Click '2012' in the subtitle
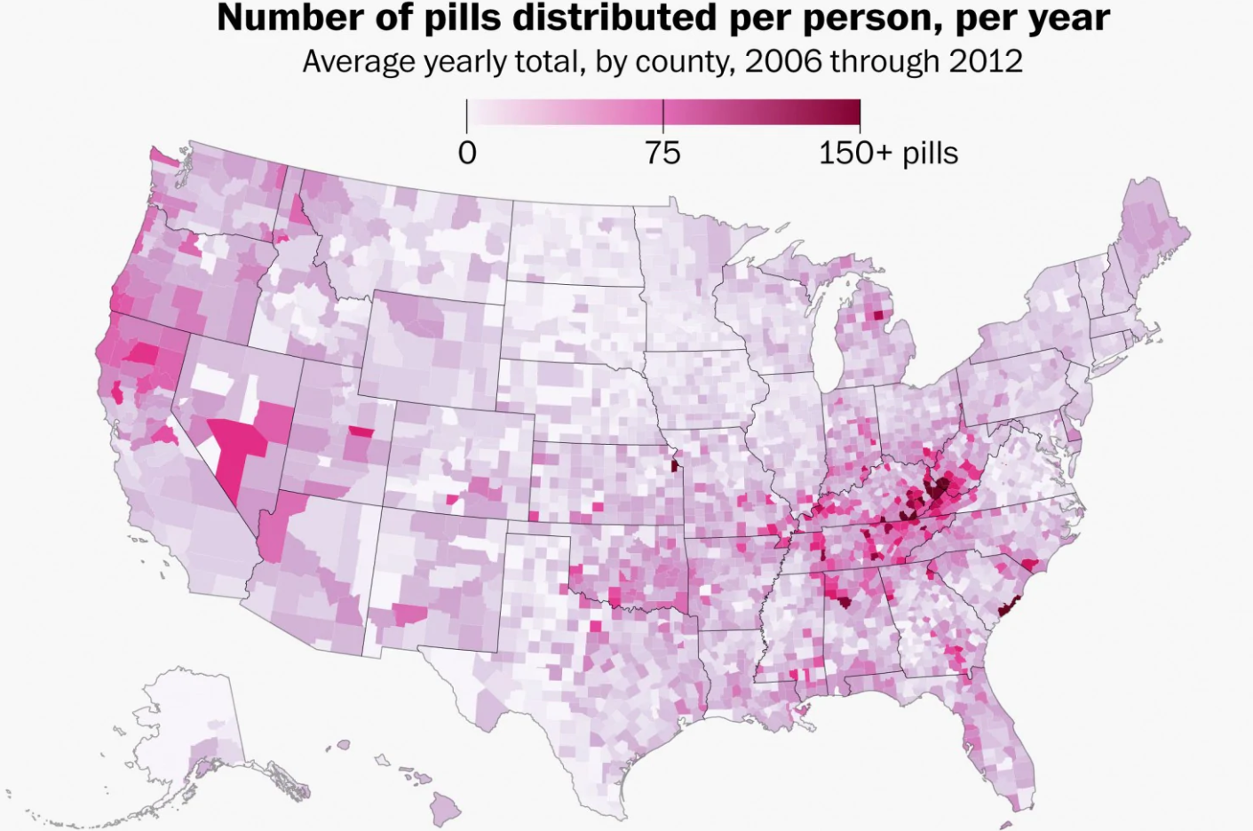click(986, 61)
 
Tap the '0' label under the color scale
click(467, 154)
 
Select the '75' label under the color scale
click(662, 154)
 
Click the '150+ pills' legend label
click(888, 154)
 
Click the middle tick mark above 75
click(663, 112)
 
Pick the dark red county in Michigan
click(878, 314)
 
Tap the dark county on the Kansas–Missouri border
click(675, 465)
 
